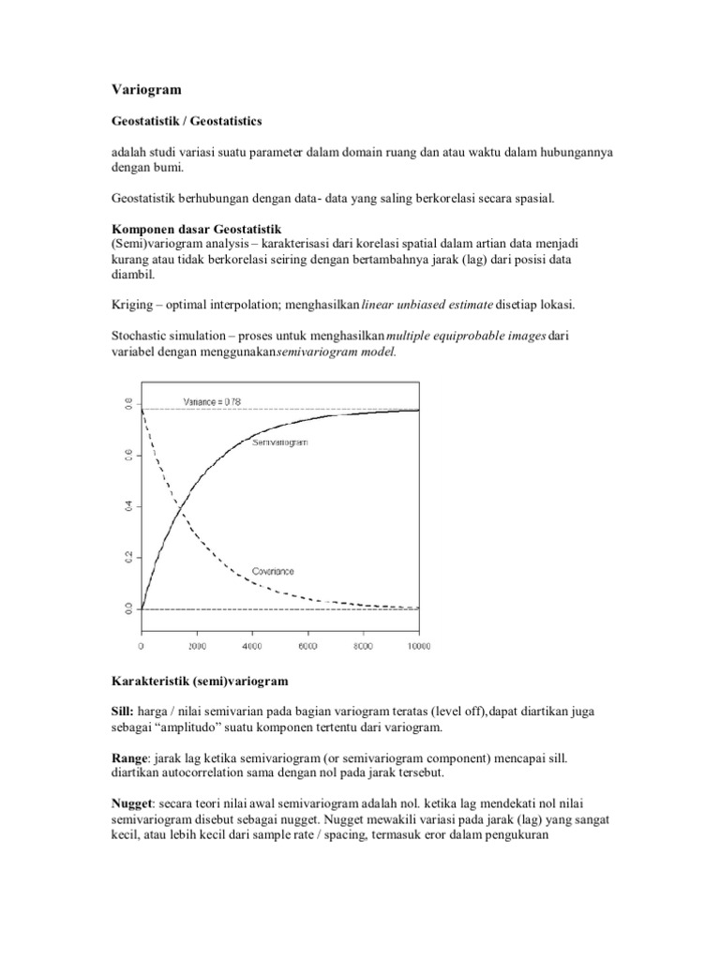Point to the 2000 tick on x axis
(196, 647)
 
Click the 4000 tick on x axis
(251, 647)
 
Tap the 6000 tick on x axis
(307, 647)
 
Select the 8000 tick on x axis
(363, 647)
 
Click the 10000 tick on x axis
(417, 647)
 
